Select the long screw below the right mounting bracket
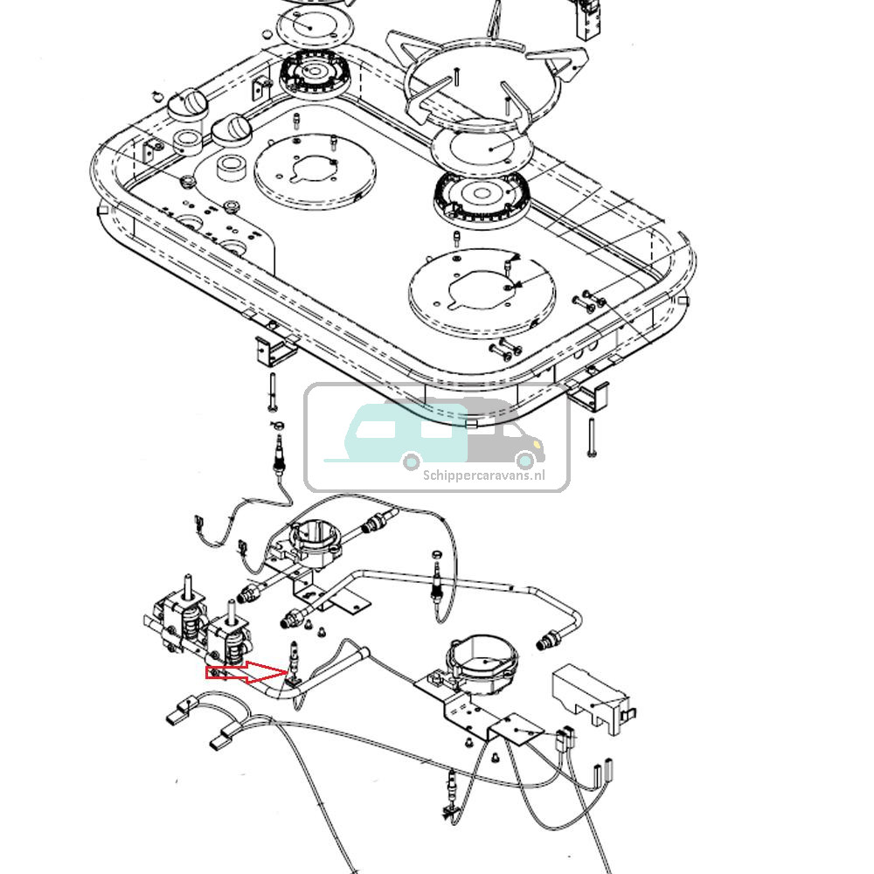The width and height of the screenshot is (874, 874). (593, 438)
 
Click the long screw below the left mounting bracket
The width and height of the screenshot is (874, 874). (273, 391)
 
